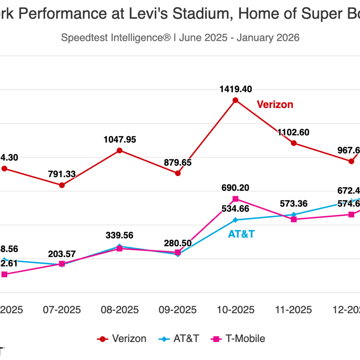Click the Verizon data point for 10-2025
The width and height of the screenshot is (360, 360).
click(x=235, y=100)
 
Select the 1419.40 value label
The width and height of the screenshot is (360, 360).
click(x=235, y=89)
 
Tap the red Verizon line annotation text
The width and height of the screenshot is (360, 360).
click(x=275, y=104)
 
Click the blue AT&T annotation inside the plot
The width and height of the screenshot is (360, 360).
click(x=241, y=234)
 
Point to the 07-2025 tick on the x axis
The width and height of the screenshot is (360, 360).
click(x=62, y=310)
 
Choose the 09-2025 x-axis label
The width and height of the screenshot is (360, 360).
click(x=178, y=310)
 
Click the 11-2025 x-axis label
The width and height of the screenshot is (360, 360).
click(x=293, y=310)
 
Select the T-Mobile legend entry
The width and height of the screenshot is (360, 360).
click(x=238, y=339)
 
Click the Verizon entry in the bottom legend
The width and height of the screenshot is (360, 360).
click(x=122, y=339)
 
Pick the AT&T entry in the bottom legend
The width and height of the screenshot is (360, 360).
click(x=179, y=339)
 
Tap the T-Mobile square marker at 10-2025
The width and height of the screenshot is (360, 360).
click(x=235, y=199)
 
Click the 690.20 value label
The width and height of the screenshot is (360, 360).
click(x=235, y=188)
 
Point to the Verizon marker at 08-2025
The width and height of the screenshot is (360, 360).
click(x=119, y=151)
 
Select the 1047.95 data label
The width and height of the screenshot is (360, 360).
click(x=120, y=139)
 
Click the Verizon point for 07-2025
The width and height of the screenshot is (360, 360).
click(x=62, y=185)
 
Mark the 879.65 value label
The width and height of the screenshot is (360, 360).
click(x=178, y=163)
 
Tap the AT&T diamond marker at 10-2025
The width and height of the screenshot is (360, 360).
click(x=235, y=220)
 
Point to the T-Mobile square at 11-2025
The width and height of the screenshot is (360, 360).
click(x=294, y=219)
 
